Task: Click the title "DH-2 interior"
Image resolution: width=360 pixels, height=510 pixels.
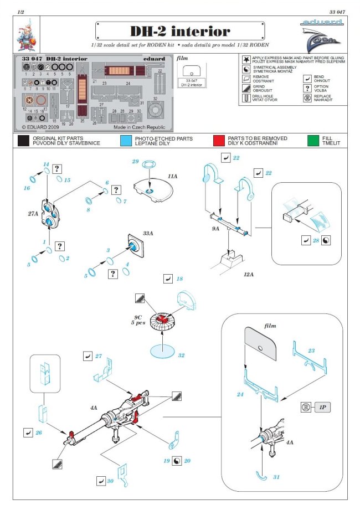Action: coord(179,30)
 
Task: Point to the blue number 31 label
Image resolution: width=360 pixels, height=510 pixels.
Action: coord(276,477)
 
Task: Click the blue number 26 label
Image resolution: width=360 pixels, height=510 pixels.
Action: coord(39,431)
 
